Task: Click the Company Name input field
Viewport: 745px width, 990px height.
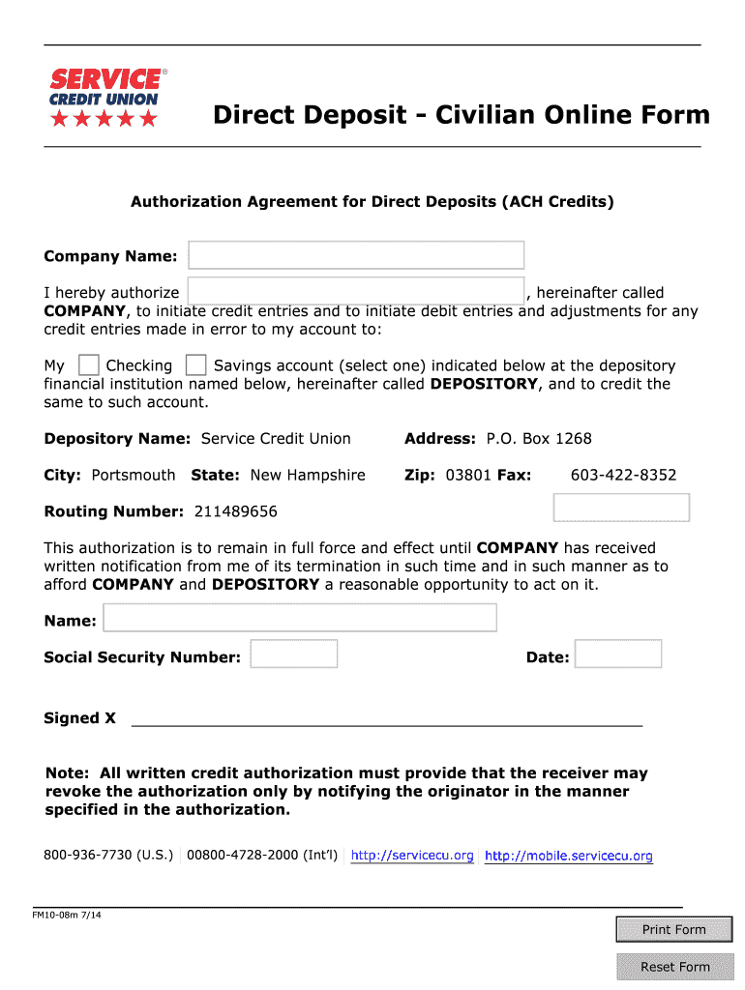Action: (356, 255)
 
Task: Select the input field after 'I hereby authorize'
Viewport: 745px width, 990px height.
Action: (356, 291)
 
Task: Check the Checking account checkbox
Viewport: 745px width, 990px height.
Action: (88, 365)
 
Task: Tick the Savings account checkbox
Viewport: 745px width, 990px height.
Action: (195, 365)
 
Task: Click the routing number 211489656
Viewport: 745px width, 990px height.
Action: (235, 511)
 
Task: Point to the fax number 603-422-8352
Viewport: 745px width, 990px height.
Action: (623, 475)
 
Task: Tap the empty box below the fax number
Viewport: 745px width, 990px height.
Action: (621, 508)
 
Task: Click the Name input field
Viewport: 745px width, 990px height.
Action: (300, 619)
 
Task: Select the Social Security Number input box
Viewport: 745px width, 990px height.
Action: (294, 655)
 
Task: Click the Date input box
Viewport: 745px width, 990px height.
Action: (618, 655)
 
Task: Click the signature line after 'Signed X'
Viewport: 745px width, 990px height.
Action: (386, 719)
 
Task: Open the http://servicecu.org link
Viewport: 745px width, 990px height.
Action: (412, 856)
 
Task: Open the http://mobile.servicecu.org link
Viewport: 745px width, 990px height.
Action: (568, 856)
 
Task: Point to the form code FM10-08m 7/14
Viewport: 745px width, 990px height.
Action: (67, 915)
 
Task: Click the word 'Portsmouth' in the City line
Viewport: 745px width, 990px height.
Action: (134, 475)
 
